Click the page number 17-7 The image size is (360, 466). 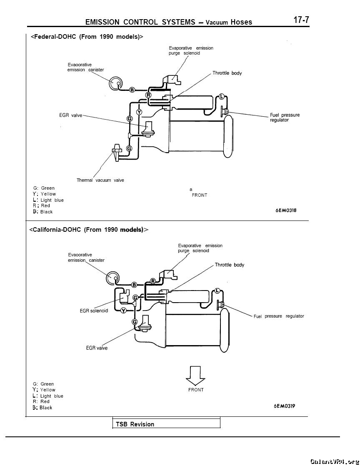tap(301, 20)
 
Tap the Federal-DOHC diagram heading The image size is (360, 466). tap(87, 37)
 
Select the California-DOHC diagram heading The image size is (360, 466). tap(88, 229)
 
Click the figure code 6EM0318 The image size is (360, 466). tap(286, 210)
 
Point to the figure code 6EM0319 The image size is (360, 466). tap(284, 406)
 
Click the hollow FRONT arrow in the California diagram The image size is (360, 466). tap(195, 376)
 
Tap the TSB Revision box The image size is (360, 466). tap(166, 423)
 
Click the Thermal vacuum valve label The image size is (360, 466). tap(100, 180)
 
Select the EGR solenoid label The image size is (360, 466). tap(94, 311)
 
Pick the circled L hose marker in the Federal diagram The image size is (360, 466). tap(221, 96)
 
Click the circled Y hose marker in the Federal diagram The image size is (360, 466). tap(139, 112)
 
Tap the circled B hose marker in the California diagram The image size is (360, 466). tap(134, 285)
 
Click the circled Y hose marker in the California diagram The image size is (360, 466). tap(124, 311)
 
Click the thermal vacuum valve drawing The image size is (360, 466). tap(116, 152)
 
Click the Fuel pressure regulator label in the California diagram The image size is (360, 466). tap(279, 316)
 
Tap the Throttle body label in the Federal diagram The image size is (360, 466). tap(227, 73)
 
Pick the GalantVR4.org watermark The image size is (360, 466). tap(334, 461)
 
